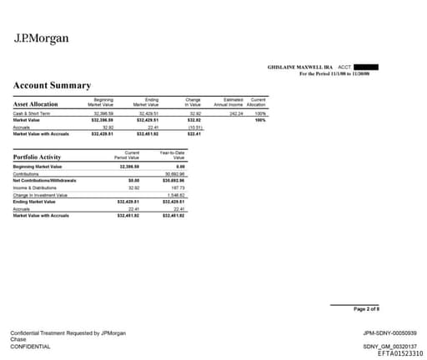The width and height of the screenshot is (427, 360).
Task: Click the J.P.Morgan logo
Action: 42,38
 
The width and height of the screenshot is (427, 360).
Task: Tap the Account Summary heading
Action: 52,85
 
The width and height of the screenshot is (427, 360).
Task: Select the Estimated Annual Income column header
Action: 227,102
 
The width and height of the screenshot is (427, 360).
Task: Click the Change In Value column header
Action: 193,102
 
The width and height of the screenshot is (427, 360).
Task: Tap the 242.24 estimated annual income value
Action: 234,112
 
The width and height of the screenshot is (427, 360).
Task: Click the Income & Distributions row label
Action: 36,187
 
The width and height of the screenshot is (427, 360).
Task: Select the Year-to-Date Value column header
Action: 173,155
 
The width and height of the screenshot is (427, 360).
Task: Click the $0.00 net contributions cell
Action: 133,179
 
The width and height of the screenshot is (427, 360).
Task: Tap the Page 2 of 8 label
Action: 366,309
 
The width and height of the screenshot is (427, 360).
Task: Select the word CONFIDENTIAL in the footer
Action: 30,347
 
